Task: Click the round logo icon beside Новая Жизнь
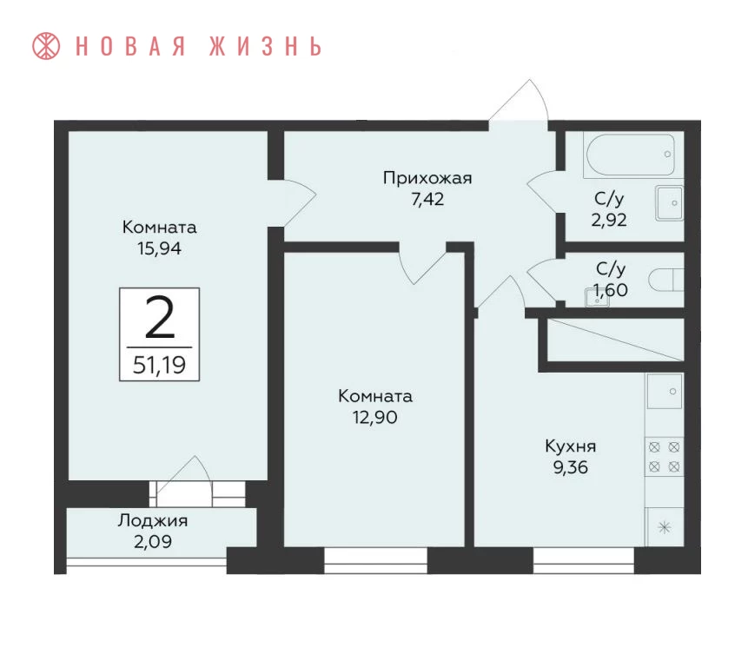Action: [46, 46]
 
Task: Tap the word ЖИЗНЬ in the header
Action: [266, 46]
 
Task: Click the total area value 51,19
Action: [159, 365]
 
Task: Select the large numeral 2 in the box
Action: [159, 317]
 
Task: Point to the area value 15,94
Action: [159, 248]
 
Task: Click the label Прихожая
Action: [427, 178]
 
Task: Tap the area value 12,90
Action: [375, 418]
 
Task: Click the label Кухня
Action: [571, 446]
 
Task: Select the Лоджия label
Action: [153, 520]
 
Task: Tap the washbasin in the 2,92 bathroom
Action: [670, 203]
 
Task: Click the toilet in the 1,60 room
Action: [666, 280]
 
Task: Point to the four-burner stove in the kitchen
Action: [664, 457]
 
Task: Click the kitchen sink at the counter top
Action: [665, 391]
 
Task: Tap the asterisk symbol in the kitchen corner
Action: [665, 527]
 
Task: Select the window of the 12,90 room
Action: [376, 560]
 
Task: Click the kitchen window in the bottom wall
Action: [584, 560]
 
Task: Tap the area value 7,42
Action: [427, 199]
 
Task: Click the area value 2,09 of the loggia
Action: [153, 542]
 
